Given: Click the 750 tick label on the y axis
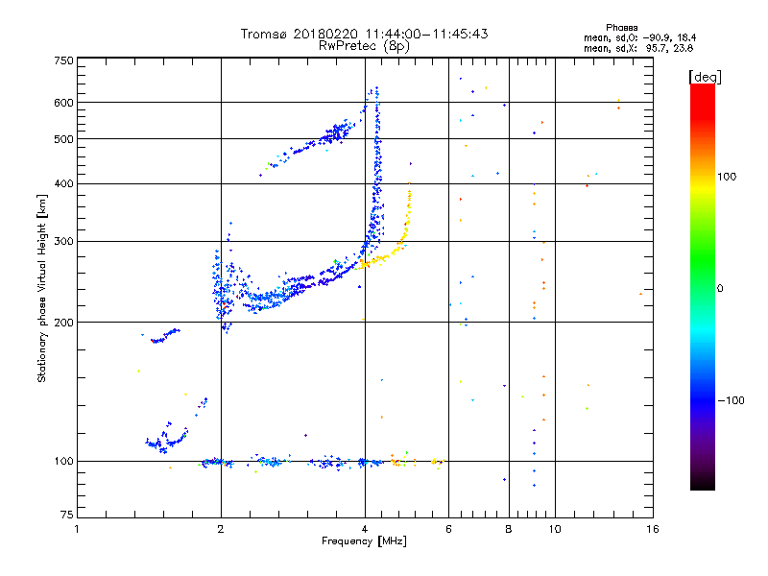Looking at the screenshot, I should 63,60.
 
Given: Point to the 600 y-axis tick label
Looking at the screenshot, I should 63,103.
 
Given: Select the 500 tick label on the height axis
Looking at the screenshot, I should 63,139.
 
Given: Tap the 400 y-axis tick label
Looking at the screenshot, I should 63,183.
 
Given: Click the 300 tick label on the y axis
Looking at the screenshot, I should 63,241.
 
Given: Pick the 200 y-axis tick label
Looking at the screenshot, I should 63,323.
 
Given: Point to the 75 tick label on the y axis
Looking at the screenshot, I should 66,518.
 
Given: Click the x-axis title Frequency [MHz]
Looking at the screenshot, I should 365,542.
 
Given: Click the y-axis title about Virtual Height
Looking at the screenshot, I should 42,288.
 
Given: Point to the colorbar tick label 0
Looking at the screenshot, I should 720,288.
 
